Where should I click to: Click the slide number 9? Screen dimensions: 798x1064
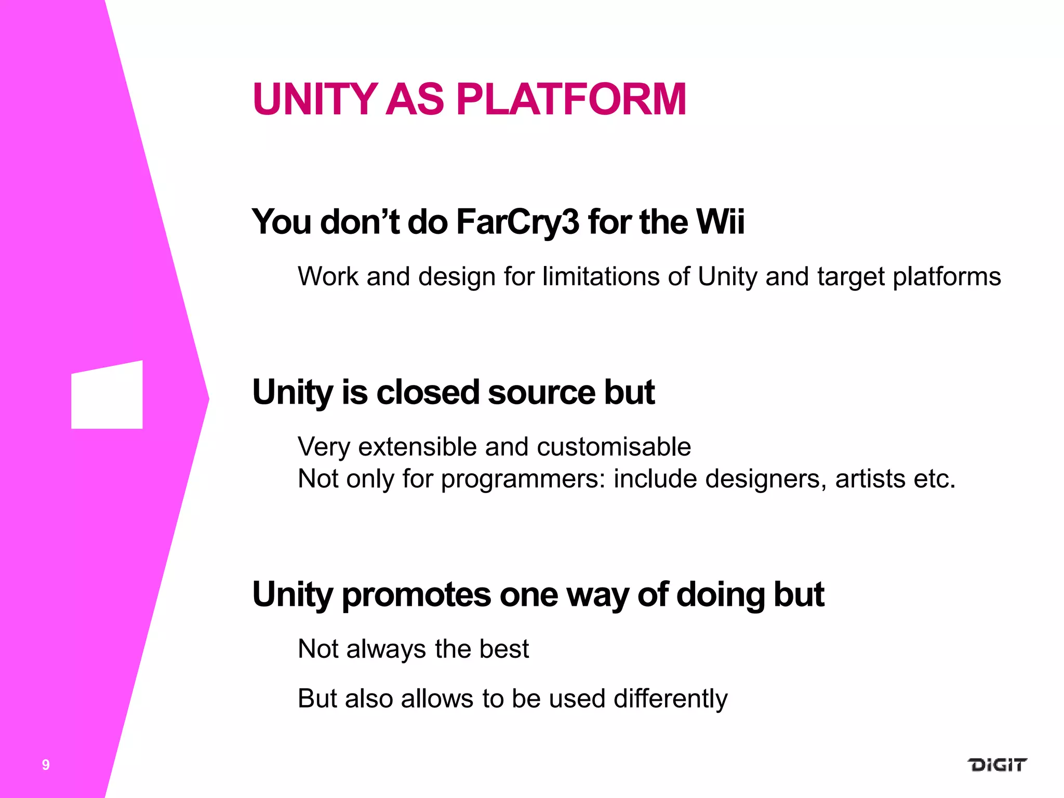point(46,765)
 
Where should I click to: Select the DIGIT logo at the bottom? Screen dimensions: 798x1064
point(997,765)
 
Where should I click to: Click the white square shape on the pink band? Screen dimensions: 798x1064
point(107,396)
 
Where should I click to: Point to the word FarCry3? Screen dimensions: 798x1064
point(517,222)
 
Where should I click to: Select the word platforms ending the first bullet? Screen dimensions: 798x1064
point(946,277)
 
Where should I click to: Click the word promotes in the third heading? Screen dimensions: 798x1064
point(416,595)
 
